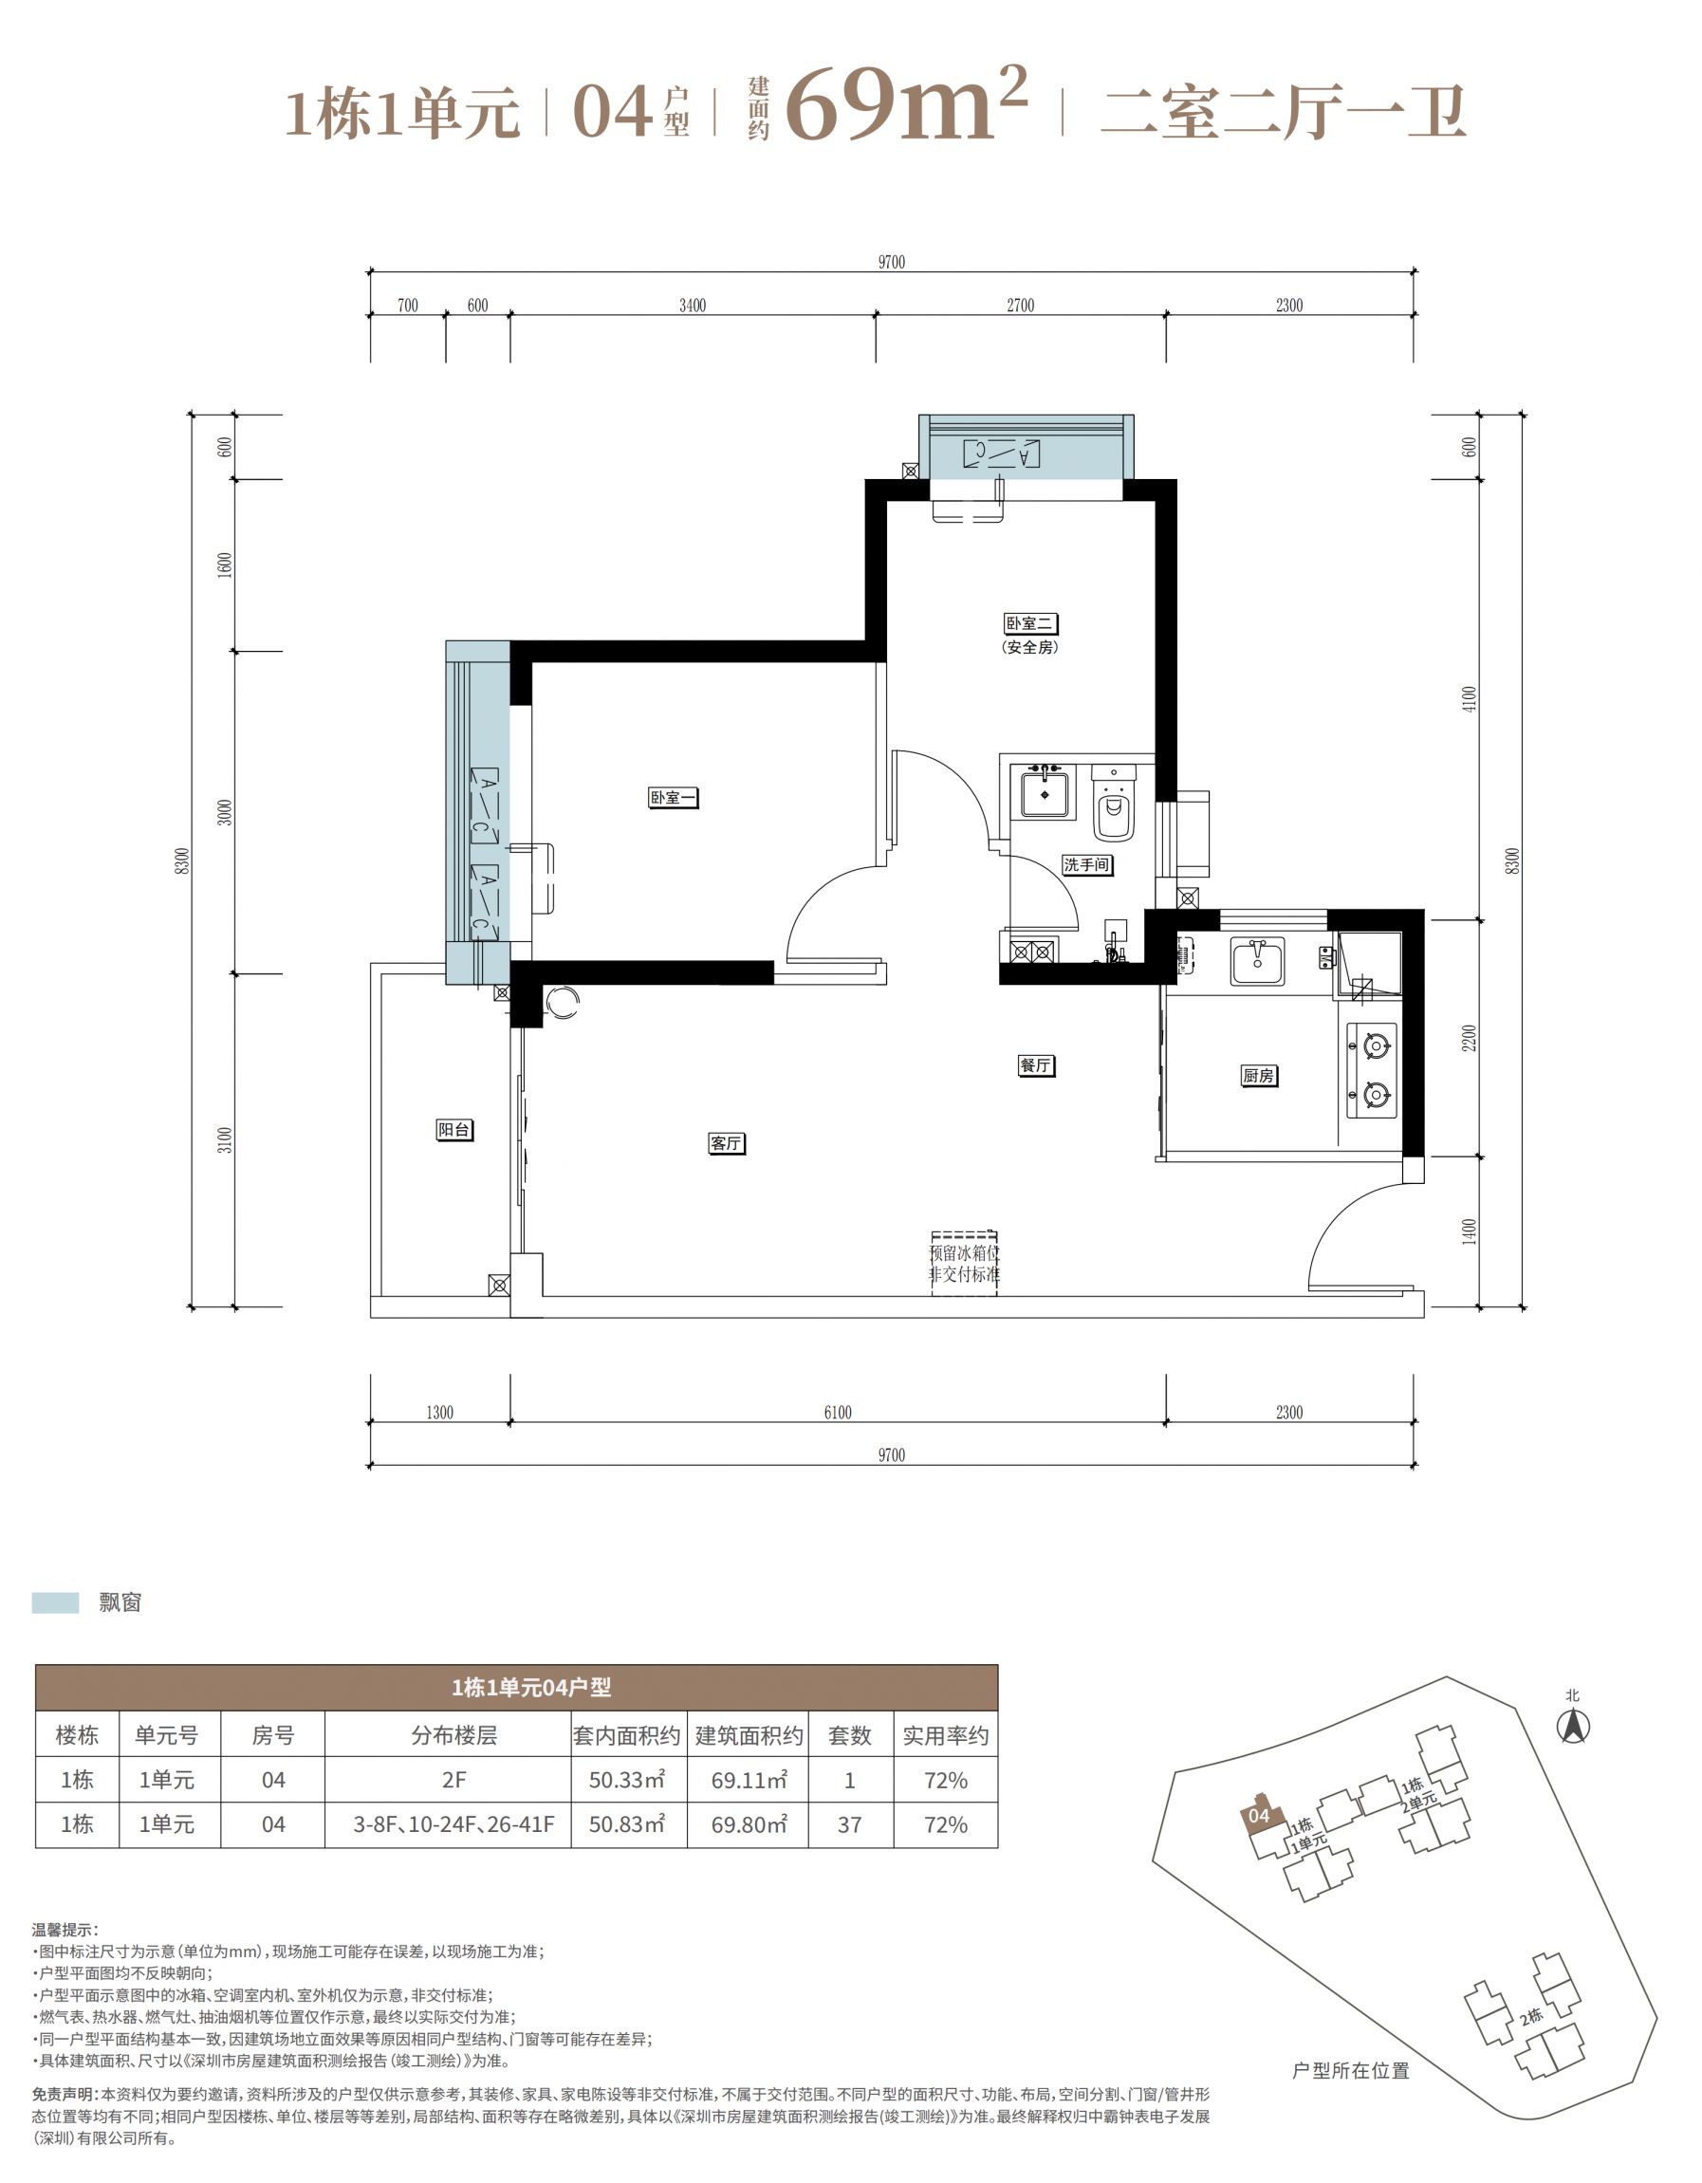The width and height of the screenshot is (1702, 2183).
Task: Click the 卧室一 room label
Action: pos(673,798)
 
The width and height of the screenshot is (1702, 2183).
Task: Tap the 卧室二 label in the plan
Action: pos(1030,623)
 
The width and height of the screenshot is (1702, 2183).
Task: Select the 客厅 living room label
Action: pos(727,1143)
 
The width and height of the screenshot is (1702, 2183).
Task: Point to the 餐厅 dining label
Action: pos(1035,1065)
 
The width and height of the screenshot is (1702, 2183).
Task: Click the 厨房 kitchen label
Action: pos(1258,1076)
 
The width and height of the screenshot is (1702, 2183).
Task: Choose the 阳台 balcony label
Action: pos(454,1130)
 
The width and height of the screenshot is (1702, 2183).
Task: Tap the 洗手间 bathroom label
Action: pos(1087,864)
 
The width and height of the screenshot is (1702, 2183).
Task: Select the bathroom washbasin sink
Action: pos(1045,795)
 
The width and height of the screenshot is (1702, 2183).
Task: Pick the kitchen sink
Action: pos(1257,962)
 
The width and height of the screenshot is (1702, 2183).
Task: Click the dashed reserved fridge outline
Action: pos(965,1264)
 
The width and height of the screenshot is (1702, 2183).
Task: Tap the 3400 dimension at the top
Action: pos(693,305)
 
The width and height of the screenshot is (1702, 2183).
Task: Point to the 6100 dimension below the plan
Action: pos(838,1413)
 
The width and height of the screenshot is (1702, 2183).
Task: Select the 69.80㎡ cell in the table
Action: pos(749,1824)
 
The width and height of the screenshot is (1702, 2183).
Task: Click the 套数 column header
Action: pos(849,1735)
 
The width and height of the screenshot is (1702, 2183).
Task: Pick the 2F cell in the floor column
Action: pos(453,1780)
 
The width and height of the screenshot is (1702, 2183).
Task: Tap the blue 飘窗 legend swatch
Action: pos(55,1602)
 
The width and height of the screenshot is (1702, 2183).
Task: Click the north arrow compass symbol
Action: pos(1573,1728)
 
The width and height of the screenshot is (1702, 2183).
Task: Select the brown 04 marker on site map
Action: pos(1259,1815)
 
